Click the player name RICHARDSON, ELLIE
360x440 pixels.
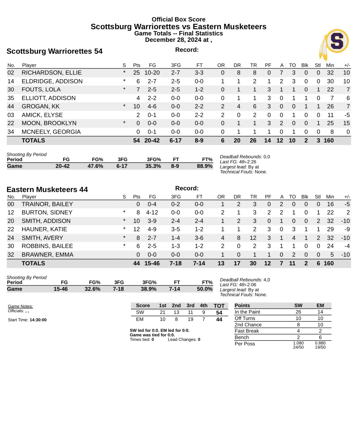(x=52, y=73)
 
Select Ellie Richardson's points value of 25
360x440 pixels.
(x=136, y=73)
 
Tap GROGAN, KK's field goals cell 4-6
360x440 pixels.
(x=152, y=106)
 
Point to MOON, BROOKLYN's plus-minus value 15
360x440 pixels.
(x=346, y=123)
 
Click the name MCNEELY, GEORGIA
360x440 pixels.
(x=51, y=132)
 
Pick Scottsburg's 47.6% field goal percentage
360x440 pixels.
(x=95, y=166)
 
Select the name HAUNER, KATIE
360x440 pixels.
(x=44, y=229)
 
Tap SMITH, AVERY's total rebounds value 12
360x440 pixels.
(x=253, y=238)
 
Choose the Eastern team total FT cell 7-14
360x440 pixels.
(x=199, y=263)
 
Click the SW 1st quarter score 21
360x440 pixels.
(x=162, y=312)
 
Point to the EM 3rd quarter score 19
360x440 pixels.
(x=190, y=319)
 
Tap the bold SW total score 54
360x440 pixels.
(x=219, y=313)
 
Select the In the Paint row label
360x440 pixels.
(x=247, y=312)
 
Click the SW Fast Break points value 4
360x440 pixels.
(x=298, y=331)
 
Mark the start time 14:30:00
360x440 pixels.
(x=38, y=320)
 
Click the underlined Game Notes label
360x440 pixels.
(x=20, y=306)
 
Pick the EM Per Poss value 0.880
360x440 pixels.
(x=320, y=343)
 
